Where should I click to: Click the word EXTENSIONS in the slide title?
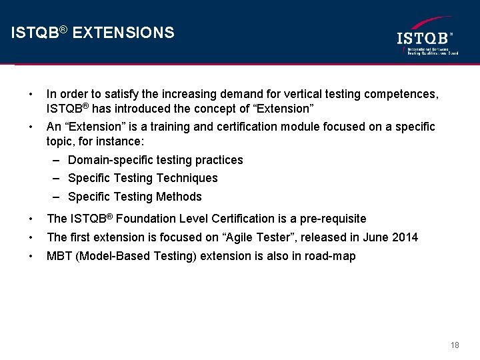[x=123, y=33]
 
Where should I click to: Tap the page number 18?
[x=455, y=345]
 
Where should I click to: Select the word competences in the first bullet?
[x=402, y=95]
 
